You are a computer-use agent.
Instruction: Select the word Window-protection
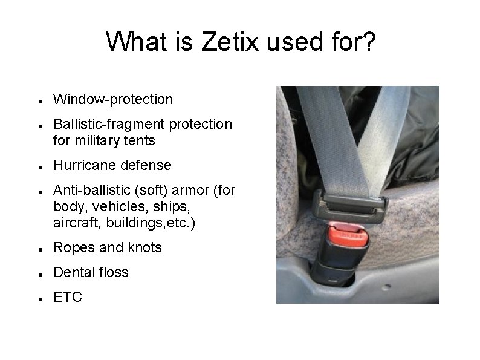pos(113,99)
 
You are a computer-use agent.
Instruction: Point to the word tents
pos(141,140)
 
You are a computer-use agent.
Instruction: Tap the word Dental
pos(73,272)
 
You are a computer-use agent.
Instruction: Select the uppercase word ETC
pos(66,297)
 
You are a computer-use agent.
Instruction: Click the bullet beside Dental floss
pos(39,273)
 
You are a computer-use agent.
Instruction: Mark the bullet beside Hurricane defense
pos(39,166)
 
